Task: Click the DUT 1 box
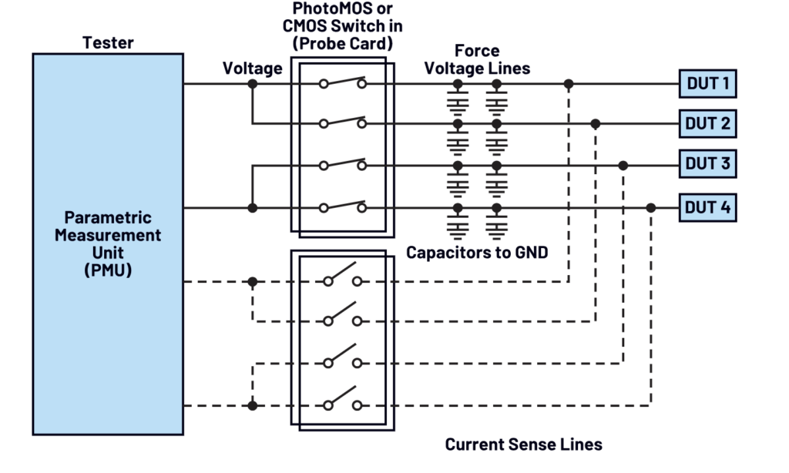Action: (x=707, y=82)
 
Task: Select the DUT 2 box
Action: (x=707, y=122)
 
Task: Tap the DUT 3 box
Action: (x=707, y=164)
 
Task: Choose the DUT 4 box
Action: (x=707, y=207)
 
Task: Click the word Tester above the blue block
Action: (x=108, y=43)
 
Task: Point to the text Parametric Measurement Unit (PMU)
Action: (x=108, y=243)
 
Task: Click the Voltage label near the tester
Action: (x=253, y=69)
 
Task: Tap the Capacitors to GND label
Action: (x=477, y=252)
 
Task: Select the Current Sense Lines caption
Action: (x=523, y=444)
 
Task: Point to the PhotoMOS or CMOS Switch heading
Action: (x=343, y=26)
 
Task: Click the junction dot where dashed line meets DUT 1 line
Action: (x=569, y=83)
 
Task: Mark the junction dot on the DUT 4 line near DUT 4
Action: (x=651, y=208)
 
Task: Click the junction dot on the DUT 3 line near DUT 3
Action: (x=623, y=166)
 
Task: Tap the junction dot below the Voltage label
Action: (x=253, y=83)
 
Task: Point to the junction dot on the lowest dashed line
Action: (x=253, y=405)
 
